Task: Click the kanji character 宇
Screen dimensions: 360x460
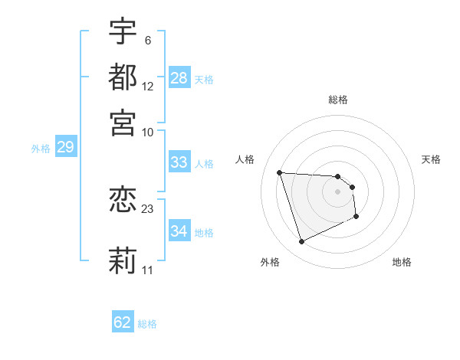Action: pyautogui.click(x=123, y=32)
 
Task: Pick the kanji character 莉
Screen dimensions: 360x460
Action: pyautogui.click(x=123, y=260)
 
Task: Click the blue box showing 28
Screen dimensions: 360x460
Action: pyautogui.click(x=179, y=78)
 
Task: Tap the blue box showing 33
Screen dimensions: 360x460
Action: pyautogui.click(x=179, y=162)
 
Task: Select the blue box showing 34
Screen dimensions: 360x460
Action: pyautogui.click(x=179, y=231)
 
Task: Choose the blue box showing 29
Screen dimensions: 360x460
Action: pyautogui.click(x=65, y=148)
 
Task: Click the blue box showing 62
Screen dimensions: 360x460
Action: pyautogui.click(x=123, y=322)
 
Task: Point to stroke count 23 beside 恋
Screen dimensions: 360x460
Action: pyautogui.click(x=148, y=208)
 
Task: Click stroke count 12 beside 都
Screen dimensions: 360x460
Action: pyautogui.click(x=148, y=87)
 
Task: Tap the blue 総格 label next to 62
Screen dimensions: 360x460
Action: pyautogui.click(x=147, y=324)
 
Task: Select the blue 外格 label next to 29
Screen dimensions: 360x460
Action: pyautogui.click(x=41, y=149)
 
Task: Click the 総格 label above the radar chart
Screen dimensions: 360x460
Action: pyautogui.click(x=338, y=100)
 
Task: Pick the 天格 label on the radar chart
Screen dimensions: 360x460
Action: pyautogui.click(x=431, y=159)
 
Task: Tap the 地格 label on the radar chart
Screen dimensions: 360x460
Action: pyautogui.click(x=402, y=263)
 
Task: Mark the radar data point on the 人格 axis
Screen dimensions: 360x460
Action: pyautogui.click(x=280, y=172)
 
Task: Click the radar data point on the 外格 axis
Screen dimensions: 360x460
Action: pyautogui.click(x=301, y=242)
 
